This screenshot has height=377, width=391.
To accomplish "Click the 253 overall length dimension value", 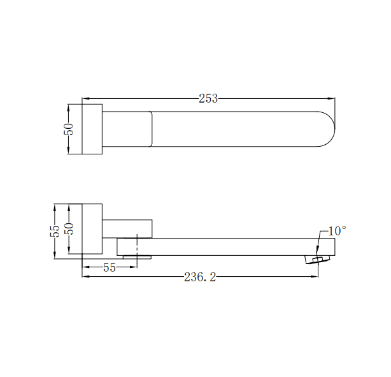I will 208,98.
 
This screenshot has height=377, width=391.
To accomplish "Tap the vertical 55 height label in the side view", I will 55,230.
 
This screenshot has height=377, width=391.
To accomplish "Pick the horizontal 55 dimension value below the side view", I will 110,268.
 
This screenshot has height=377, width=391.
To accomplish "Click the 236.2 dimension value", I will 200,277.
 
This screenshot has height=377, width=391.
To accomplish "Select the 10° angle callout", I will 337,230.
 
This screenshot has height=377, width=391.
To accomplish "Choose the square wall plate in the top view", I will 92,129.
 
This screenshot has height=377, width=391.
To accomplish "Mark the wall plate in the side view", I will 92,230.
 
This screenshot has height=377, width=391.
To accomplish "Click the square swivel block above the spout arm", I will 127,228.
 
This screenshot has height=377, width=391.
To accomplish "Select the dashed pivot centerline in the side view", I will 138,249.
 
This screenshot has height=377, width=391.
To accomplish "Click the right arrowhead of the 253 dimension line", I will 332,98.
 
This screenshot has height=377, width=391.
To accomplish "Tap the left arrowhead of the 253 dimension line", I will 85,98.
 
